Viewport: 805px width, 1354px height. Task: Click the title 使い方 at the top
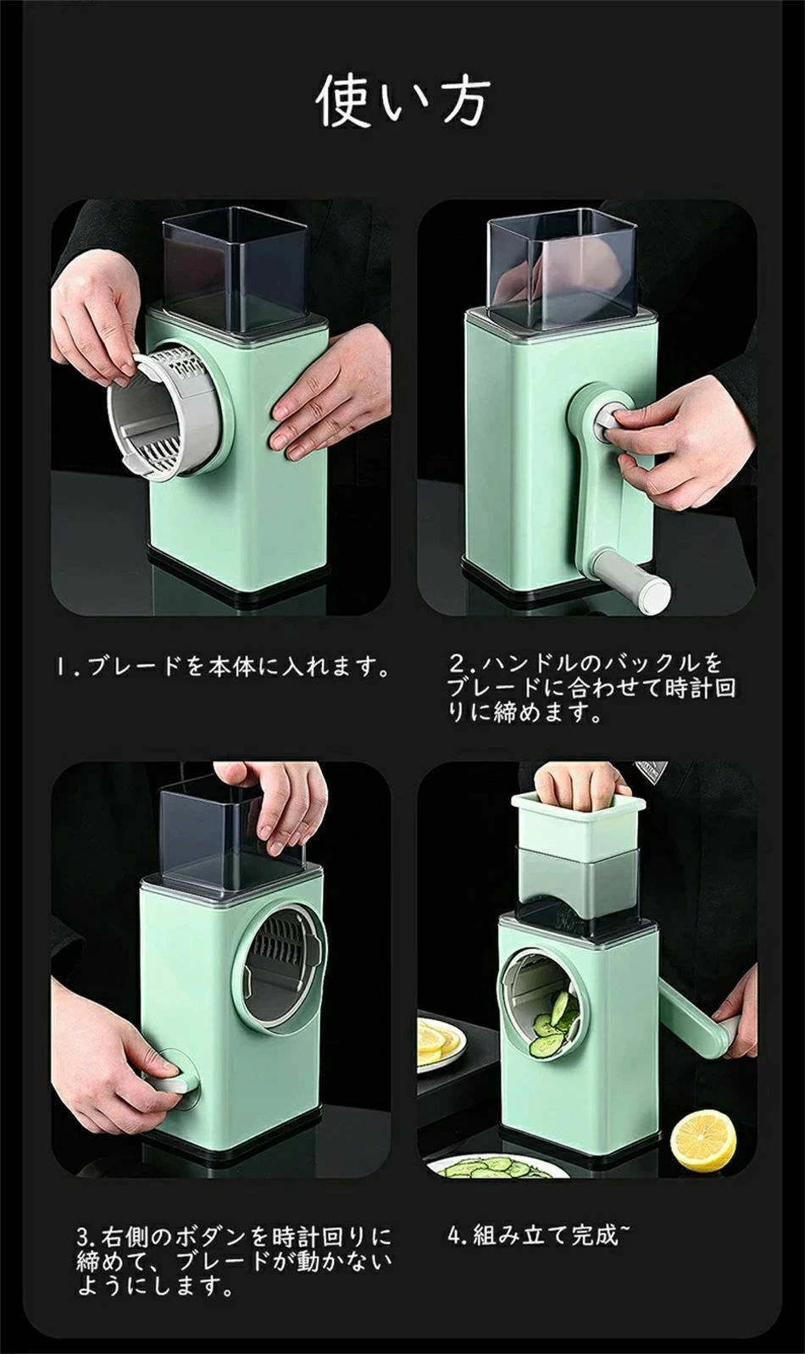pos(402,101)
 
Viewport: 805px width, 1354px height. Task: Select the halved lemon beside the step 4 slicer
pos(702,1141)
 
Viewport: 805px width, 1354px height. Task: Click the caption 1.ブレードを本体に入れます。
pos(222,666)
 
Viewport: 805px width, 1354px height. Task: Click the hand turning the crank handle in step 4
pos(736,1022)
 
